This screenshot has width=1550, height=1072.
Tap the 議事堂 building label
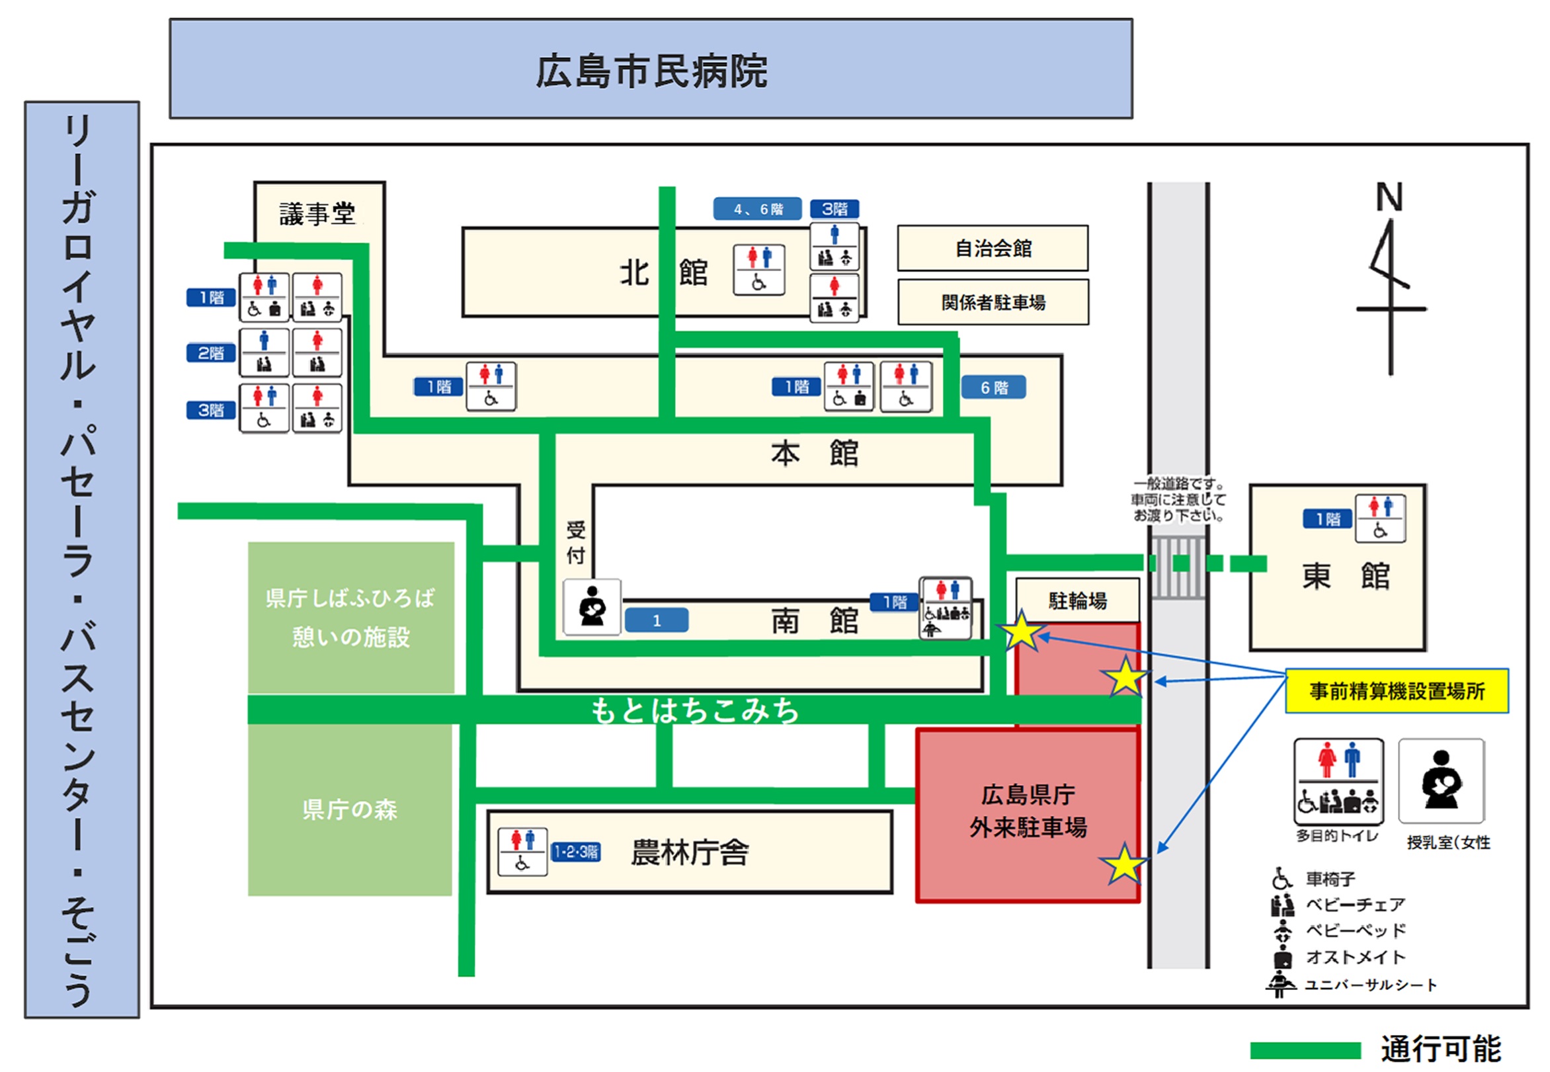pyautogui.click(x=317, y=214)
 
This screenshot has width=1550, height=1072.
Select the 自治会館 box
pyautogui.click(x=993, y=249)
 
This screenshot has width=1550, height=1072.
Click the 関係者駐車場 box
pyautogui.click(x=993, y=302)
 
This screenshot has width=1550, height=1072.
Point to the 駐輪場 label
pyautogui.click(x=1077, y=600)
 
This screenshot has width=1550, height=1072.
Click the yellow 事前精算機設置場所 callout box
pyautogui.click(x=1396, y=690)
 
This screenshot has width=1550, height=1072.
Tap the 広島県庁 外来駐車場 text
pyautogui.click(x=1028, y=811)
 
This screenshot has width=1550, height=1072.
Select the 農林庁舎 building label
pyautogui.click(x=689, y=852)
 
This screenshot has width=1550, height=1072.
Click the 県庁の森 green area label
pyautogui.click(x=349, y=809)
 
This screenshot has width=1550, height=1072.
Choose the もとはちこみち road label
pyautogui.click(x=694, y=711)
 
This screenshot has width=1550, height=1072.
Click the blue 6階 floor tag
pyautogui.click(x=993, y=388)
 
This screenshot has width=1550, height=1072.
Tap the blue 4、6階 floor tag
pyautogui.click(x=757, y=209)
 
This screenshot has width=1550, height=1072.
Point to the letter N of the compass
pyautogui.click(x=1389, y=198)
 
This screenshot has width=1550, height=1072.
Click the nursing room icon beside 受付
pyautogui.click(x=592, y=607)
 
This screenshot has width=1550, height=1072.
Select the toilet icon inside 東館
pyautogui.click(x=1380, y=518)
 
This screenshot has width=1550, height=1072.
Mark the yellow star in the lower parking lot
pyautogui.click(x=1123, y=864)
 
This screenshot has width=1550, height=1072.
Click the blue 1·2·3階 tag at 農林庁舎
pyautogui.click(x=575, y=852)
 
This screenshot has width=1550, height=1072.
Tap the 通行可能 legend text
pyautogui.click(x=1440, y=1049)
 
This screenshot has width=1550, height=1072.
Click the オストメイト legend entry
pyautogui.click(x=1354, y=957)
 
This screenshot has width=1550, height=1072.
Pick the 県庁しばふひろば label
pyautogui.click(x=350, y=598)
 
